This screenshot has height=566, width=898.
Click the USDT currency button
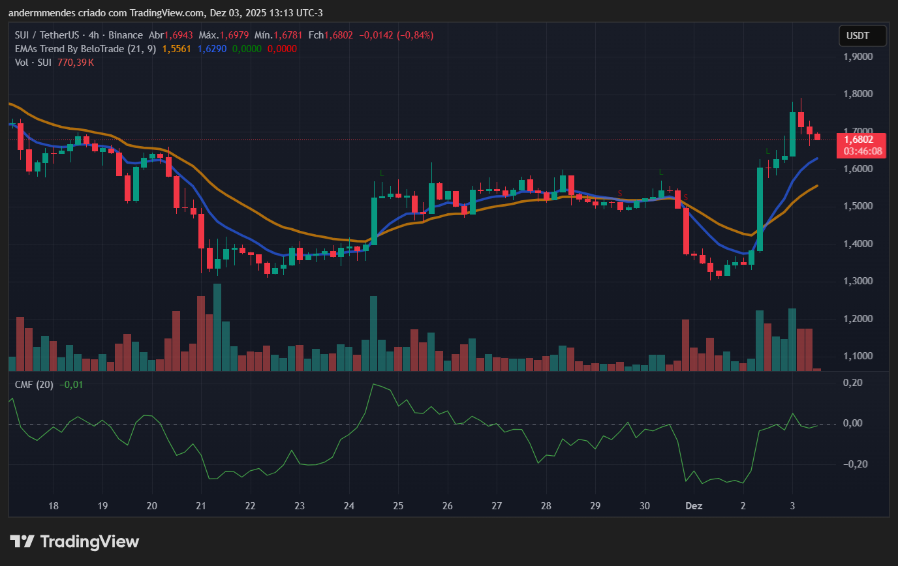tap(862, 36)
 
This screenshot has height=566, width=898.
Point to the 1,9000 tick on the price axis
tap(858, 57)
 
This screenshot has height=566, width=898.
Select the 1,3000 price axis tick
tap(858, 281)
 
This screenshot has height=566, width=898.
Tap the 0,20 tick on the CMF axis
tap(852, 382)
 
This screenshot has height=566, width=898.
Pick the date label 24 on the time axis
tap(348, 505)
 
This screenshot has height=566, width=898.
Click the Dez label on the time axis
tap(693, 505)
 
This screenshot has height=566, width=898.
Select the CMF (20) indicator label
tap(34, 385)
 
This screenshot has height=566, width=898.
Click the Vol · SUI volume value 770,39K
tap(76, 62)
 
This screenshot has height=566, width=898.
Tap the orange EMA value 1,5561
tap(176, 48)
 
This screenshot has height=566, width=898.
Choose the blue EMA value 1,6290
tap(212, 48)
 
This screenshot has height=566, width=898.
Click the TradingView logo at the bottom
tap(74, 541)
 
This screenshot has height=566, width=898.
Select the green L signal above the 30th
tap(661, 172)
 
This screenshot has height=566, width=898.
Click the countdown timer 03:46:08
tap(862, 151)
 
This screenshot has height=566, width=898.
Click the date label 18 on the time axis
tap(54, 505)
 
